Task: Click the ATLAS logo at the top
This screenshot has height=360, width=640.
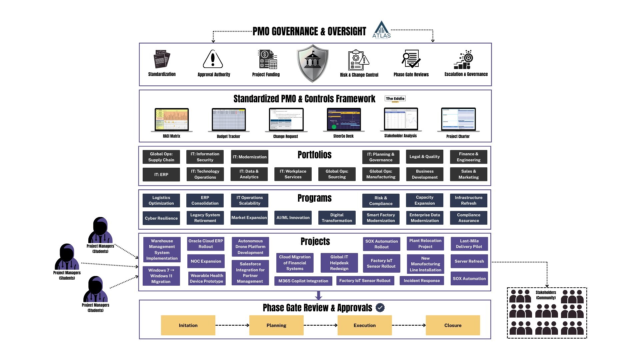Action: click(381, 30)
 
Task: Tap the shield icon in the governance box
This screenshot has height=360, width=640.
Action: click(312, 63)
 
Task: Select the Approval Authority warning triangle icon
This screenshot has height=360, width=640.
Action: click(213, 59)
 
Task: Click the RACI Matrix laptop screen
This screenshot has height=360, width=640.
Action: click(172, 119)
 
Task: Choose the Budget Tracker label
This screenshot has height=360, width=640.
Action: click(228, 136)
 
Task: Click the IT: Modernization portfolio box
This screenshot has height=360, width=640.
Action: click(249, 157)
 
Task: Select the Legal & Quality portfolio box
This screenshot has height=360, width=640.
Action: click(424, 157)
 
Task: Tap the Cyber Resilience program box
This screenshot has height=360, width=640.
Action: click(161, 218)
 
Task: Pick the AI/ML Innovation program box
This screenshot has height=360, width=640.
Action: click(293, 218)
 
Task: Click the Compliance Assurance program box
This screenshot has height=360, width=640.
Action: click(468, 218)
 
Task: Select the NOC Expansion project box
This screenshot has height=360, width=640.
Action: click(206, 261)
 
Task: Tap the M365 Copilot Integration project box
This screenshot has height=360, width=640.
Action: click(303, 281)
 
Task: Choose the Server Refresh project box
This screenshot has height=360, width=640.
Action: click(469, 261)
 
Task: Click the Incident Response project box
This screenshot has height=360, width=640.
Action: click(422, 281)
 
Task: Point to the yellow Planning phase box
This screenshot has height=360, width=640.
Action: click(276, 325)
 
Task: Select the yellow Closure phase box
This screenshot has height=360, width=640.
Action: click(453, 325)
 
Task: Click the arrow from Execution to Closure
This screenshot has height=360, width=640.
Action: click(409, 325)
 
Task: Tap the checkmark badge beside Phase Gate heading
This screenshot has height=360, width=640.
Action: click(380, 308)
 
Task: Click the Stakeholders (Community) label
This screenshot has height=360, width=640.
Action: click(546, 295)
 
